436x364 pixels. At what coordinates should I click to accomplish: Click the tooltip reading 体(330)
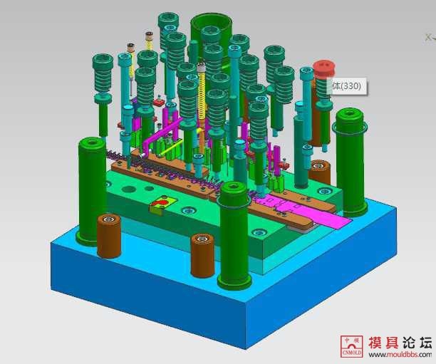point(347,86)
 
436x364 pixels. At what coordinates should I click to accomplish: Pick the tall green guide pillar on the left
point(92,189)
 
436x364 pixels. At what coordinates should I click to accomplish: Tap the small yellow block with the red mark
point(159,207)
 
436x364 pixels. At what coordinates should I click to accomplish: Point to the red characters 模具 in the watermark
point(384,343)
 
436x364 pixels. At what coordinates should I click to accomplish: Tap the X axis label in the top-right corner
point(428,36)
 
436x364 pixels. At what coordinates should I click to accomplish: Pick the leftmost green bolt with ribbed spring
point(102,78)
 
